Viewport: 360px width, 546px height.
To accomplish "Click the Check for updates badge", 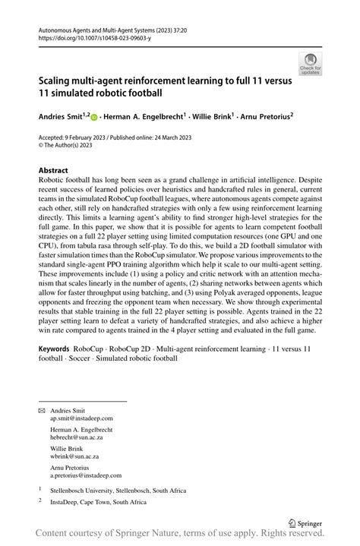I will click(x=311, y=64).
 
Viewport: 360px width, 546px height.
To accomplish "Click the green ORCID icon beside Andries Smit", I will click(x=93, y=118).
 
